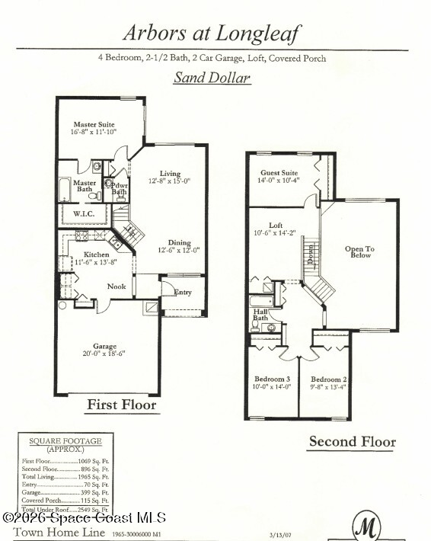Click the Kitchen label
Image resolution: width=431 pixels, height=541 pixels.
97,254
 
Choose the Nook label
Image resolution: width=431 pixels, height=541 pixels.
117,287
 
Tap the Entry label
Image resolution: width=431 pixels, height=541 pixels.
183,292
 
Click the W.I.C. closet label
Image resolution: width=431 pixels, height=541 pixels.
84,214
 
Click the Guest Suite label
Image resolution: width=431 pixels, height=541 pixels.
278,173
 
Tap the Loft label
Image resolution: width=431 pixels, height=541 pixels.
275,226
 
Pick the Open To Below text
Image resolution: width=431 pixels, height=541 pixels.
357,251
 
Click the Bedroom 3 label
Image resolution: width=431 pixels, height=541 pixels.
273,379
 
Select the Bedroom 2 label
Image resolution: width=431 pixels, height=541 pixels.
329,379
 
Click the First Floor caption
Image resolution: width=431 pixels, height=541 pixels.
121,404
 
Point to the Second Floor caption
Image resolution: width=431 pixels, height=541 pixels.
352,441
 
